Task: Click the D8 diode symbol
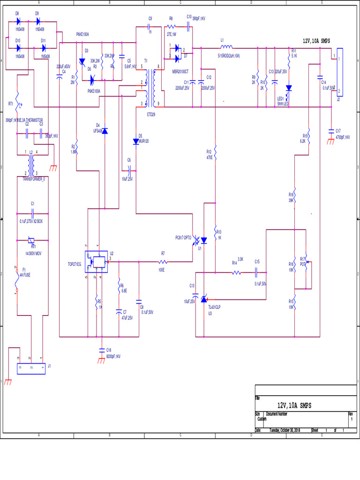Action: pos(18,22)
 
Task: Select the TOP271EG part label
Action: pos(75,264)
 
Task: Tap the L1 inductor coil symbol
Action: pos(226,47)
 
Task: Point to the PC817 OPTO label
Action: pos(183,238)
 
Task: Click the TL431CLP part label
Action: pos(214,307)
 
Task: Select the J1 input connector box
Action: pos(31,368)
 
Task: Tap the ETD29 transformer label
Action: pos(151,113)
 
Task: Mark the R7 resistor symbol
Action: pos(163,262)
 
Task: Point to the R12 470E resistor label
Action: pos(209,155)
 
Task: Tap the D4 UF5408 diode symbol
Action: pos(105,131)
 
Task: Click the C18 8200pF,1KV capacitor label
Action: pos(113,353)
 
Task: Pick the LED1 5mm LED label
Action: pos(283,101)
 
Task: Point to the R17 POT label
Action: pos(302,261)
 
